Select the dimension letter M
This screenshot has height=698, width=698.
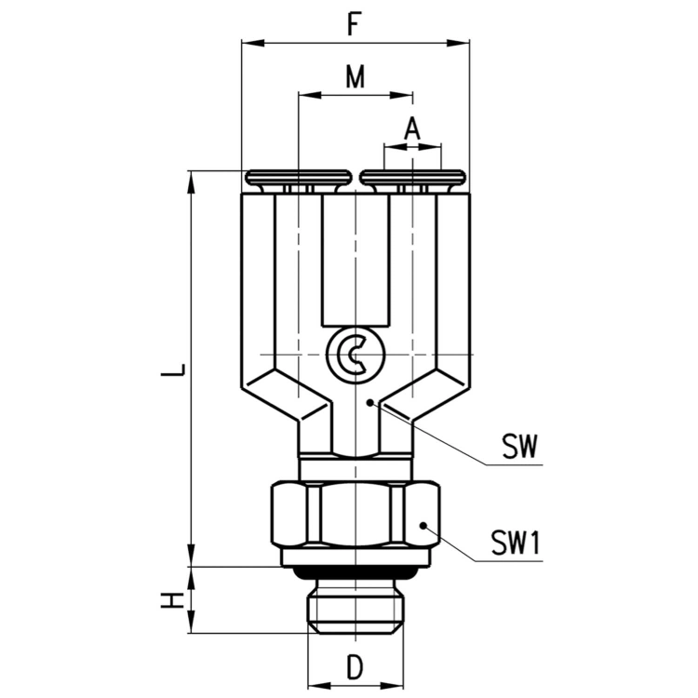click(356, 76)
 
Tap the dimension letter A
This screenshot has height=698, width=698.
click(412, 128)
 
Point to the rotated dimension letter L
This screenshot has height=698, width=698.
click(173, 369)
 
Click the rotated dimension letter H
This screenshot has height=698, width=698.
click(173, 599)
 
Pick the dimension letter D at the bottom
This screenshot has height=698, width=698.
click(355, 667)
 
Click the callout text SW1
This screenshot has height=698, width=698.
click(516, 544)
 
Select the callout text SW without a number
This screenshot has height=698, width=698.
click(520, 447)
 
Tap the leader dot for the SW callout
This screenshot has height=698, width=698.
click(369, 402)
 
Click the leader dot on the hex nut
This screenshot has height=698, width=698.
click(423, 526)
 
